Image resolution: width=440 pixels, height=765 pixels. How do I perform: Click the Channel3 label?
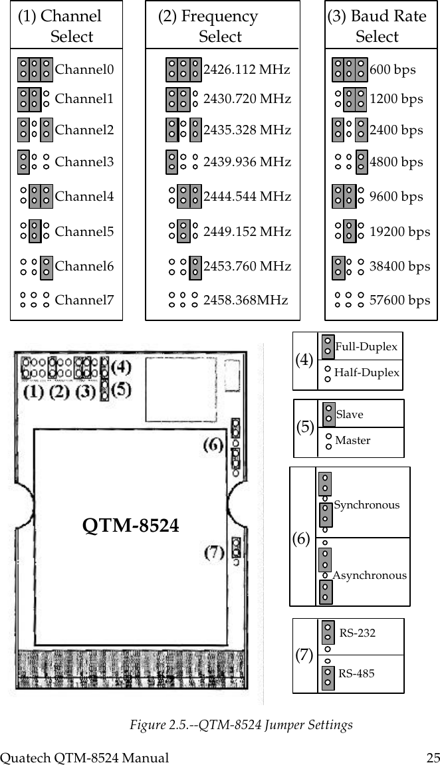pyautogui.click(x=84, y=162)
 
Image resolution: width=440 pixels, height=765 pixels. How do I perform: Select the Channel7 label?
pyautogui.click(x=84, y=300)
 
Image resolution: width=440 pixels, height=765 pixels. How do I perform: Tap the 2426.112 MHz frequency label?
pyautogui.click(x=247, y=69)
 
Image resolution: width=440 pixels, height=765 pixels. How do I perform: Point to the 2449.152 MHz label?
pyautogui.click(x=247, y=231)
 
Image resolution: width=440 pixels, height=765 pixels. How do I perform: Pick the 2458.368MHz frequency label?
pyautogui.click(x=245, y=300)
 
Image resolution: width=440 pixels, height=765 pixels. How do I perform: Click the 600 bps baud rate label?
pyautogui.click(x=392, y=69)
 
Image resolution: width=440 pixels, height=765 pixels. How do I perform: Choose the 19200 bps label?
pyautogui.click(x=399, y=231)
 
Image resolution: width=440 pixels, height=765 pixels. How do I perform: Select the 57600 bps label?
pyautogui.click(x=399, y=300)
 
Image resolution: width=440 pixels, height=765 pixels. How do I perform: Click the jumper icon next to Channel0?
pyautogui.click(x=35, y=68)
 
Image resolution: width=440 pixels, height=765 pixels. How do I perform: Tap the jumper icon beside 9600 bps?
pyautogui.click(x=345, y=197)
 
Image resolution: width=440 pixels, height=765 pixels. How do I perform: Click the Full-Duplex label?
pyautogui.click(x=366, y=346)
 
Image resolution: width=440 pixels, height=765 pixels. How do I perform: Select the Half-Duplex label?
pyautogui.click(x=367, y=372)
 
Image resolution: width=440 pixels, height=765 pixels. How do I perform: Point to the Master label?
pyautogui.click(x=353, y=440)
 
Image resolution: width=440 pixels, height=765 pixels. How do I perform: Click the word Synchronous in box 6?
pyautogui.click(x=367, y=504)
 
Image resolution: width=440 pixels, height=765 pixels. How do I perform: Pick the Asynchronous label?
pyautogui.click(x=370, y=576)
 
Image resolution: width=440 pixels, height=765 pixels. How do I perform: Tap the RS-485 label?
pyautogui.click(x=356, y=673)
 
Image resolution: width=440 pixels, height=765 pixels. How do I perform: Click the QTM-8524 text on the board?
pyautogui.click(x=131, y=526)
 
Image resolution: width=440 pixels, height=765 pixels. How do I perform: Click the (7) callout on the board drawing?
pyautogui.click(x=213, y=552)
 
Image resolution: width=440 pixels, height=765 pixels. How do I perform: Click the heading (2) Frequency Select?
pyautogui.click(x=208, y=26)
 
